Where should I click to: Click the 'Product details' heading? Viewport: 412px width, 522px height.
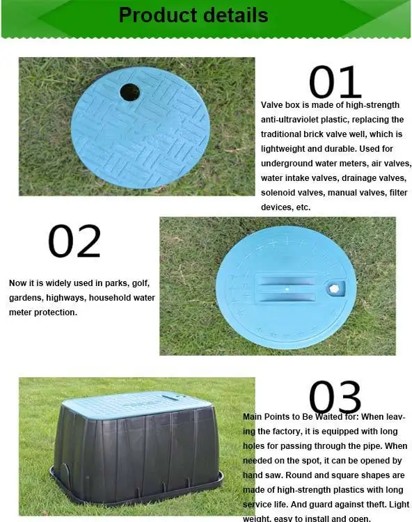[x=193, y=15]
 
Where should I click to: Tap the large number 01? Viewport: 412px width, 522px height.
[x=335, y=83]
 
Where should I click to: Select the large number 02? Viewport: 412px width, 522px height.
[x=74, y=242]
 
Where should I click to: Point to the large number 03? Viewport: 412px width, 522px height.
[x=335, y=397]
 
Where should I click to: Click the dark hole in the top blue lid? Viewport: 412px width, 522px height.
[x=129, y=92]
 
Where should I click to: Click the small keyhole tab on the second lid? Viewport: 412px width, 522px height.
[x=337, y=287]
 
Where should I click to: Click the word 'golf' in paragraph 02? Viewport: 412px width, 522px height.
[x=139, y=283]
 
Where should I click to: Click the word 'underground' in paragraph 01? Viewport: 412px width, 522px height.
[x=287, y=164]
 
